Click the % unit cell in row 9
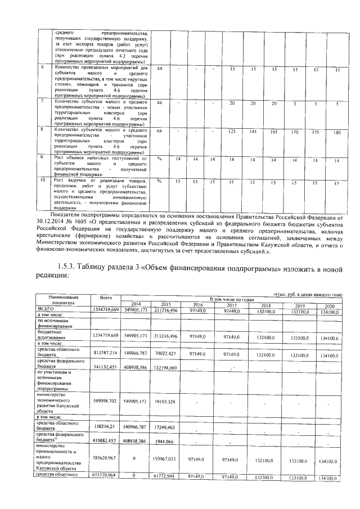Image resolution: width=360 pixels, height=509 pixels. (160, 159)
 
